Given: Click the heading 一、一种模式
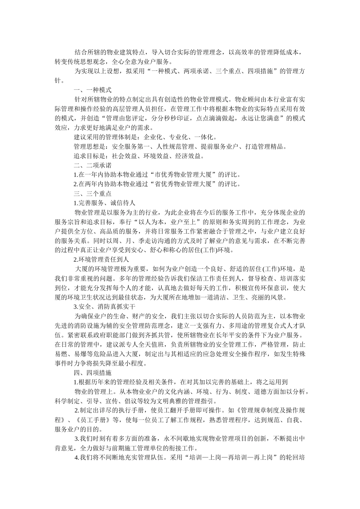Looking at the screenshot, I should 92,90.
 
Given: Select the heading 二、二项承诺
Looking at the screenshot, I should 92,165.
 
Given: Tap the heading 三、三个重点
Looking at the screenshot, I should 92,194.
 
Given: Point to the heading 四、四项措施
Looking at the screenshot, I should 92,373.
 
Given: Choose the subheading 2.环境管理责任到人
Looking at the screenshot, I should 101,259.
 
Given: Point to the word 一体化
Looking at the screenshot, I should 206,137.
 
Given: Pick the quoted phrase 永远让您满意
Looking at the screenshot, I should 261,118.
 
